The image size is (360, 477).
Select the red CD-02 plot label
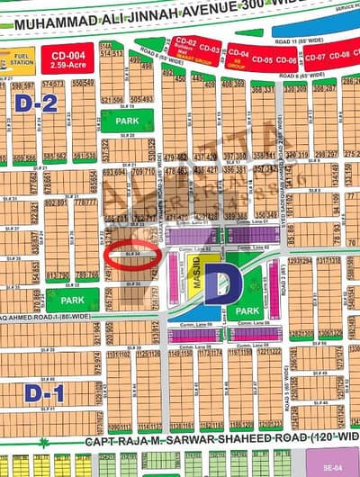186,43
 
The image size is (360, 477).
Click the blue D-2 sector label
27,103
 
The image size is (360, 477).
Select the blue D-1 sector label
27,393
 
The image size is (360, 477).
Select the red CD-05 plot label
263,59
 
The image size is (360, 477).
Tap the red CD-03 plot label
210,48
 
